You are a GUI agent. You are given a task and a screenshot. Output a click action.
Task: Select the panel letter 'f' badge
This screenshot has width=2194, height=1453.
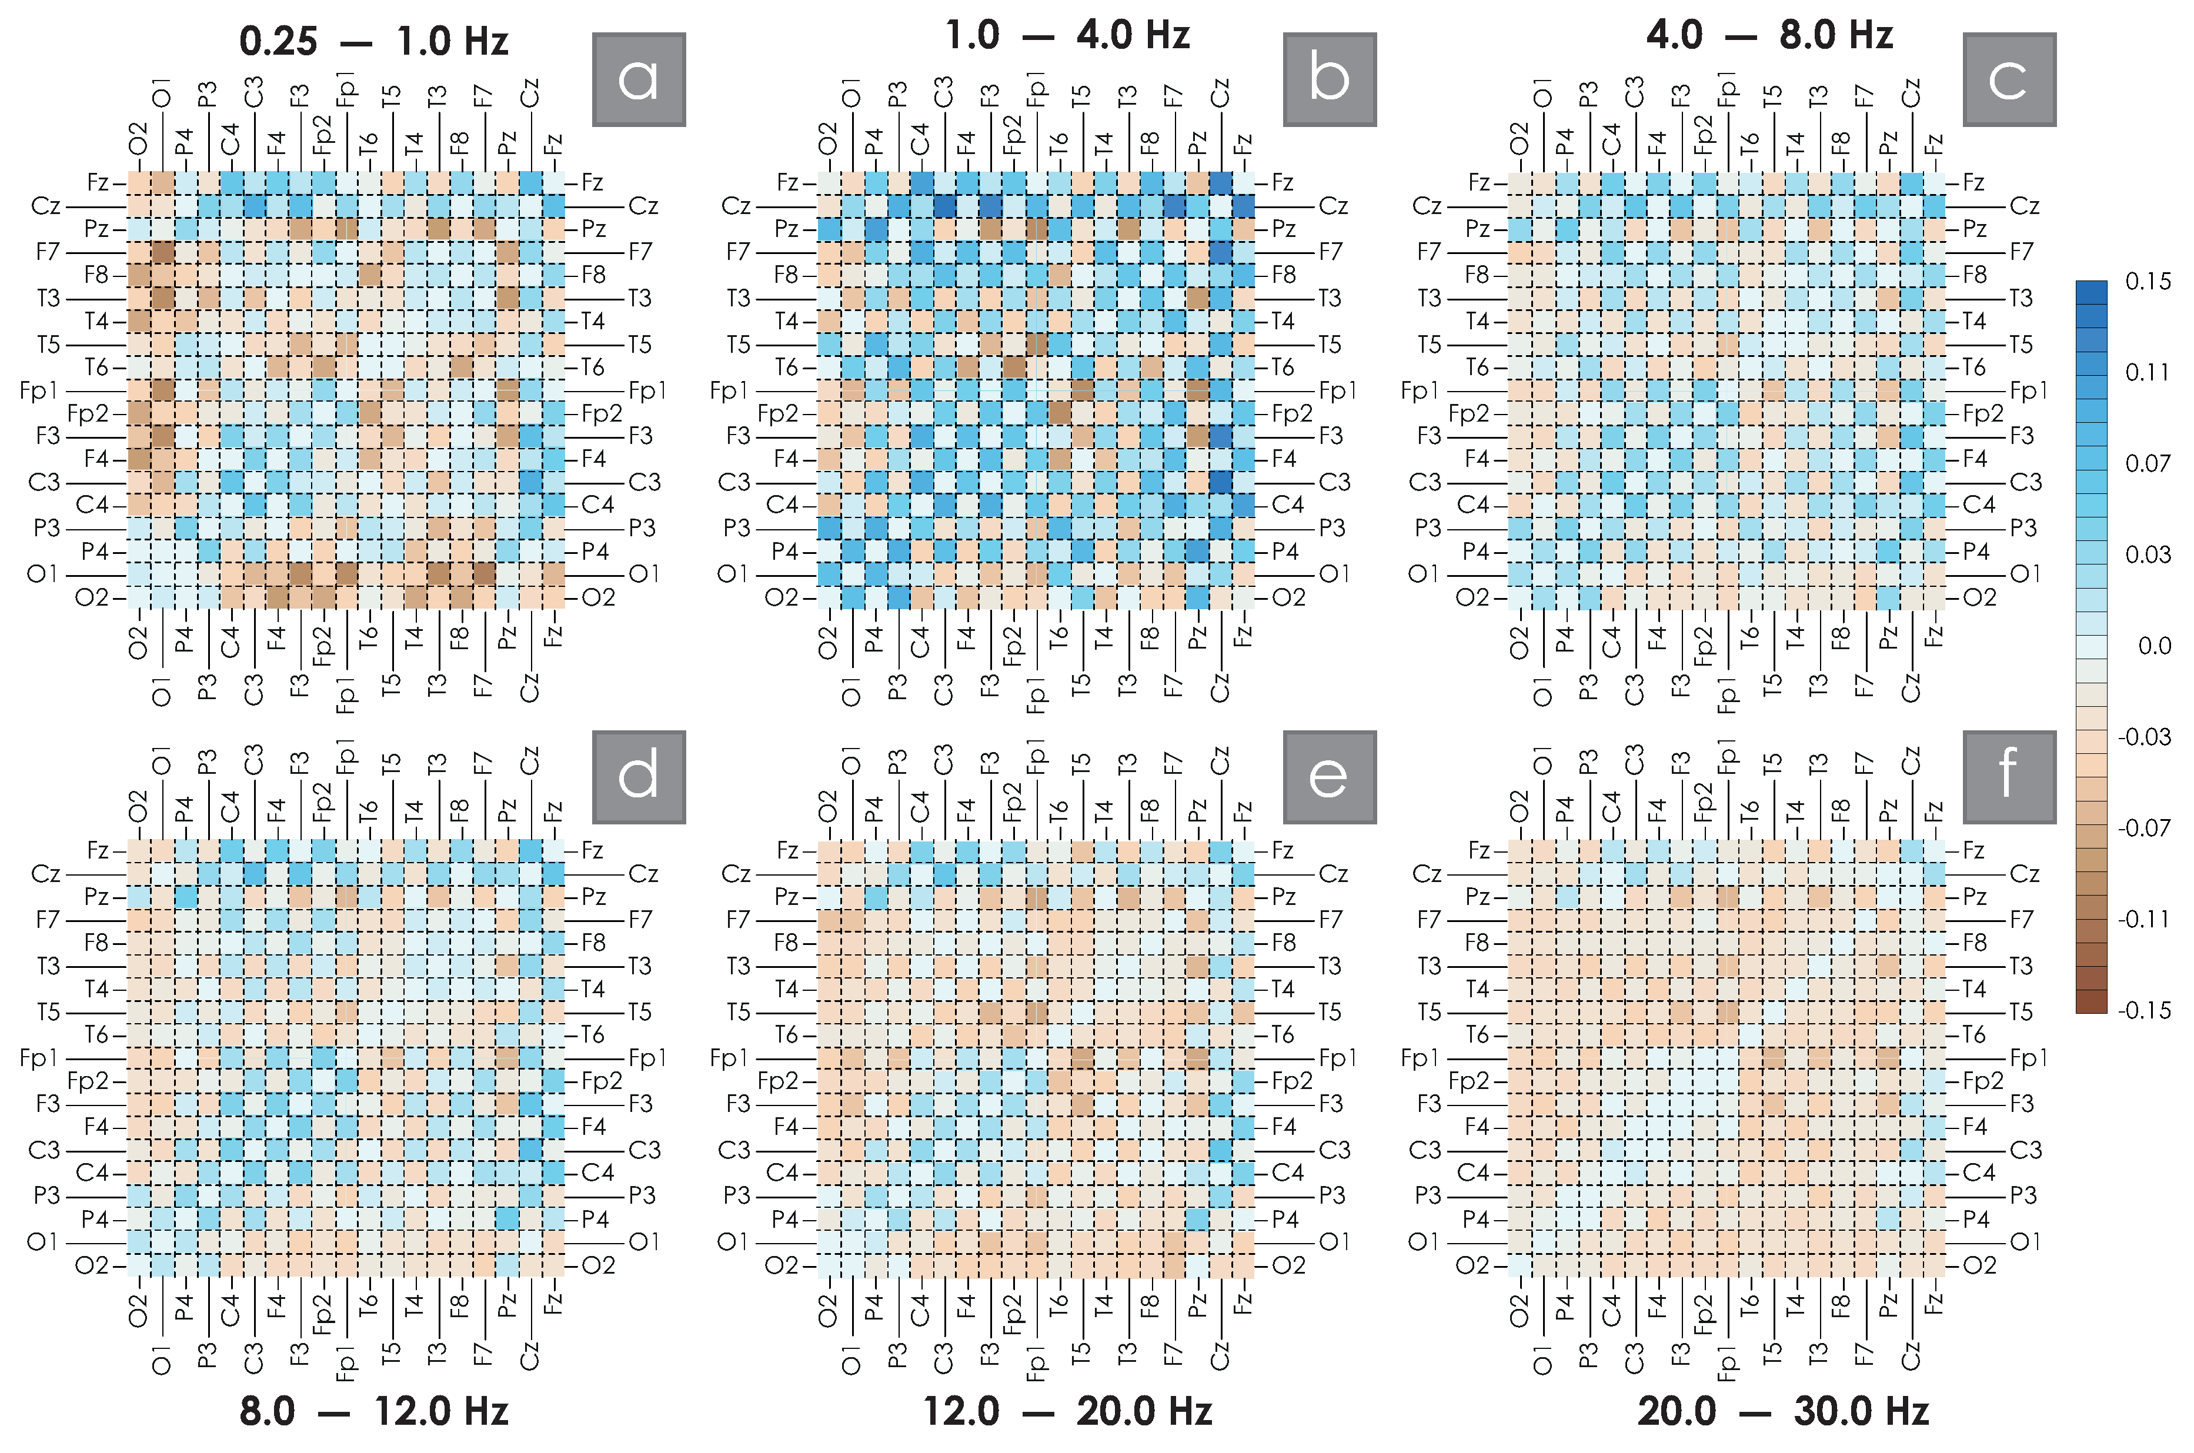click(2009, 777)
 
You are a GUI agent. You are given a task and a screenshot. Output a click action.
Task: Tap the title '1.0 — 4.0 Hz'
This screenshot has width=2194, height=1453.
click(1067, 35)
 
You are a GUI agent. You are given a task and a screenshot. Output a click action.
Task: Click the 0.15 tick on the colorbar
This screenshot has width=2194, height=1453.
click(2148, 282)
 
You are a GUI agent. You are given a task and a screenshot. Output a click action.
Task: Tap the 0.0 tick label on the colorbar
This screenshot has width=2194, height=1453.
click(2154, 646)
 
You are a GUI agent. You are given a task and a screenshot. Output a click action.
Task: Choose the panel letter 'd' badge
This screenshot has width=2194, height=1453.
click(639, 777)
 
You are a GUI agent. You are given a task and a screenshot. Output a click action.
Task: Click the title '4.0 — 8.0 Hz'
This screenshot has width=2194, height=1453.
click(1769, 35)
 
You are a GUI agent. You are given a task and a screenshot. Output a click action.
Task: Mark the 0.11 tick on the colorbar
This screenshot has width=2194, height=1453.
click(2148, 373)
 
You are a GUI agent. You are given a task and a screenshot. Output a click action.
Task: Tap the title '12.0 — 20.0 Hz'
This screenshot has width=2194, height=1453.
click(1067, 1411)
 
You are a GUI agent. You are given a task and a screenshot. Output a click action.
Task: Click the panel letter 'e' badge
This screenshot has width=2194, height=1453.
click(1328, 777)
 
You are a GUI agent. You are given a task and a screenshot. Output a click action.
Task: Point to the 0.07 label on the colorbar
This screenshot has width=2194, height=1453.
click(2148, 463)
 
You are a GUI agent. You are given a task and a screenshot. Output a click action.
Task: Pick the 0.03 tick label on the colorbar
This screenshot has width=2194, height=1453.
click(2148, 554)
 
